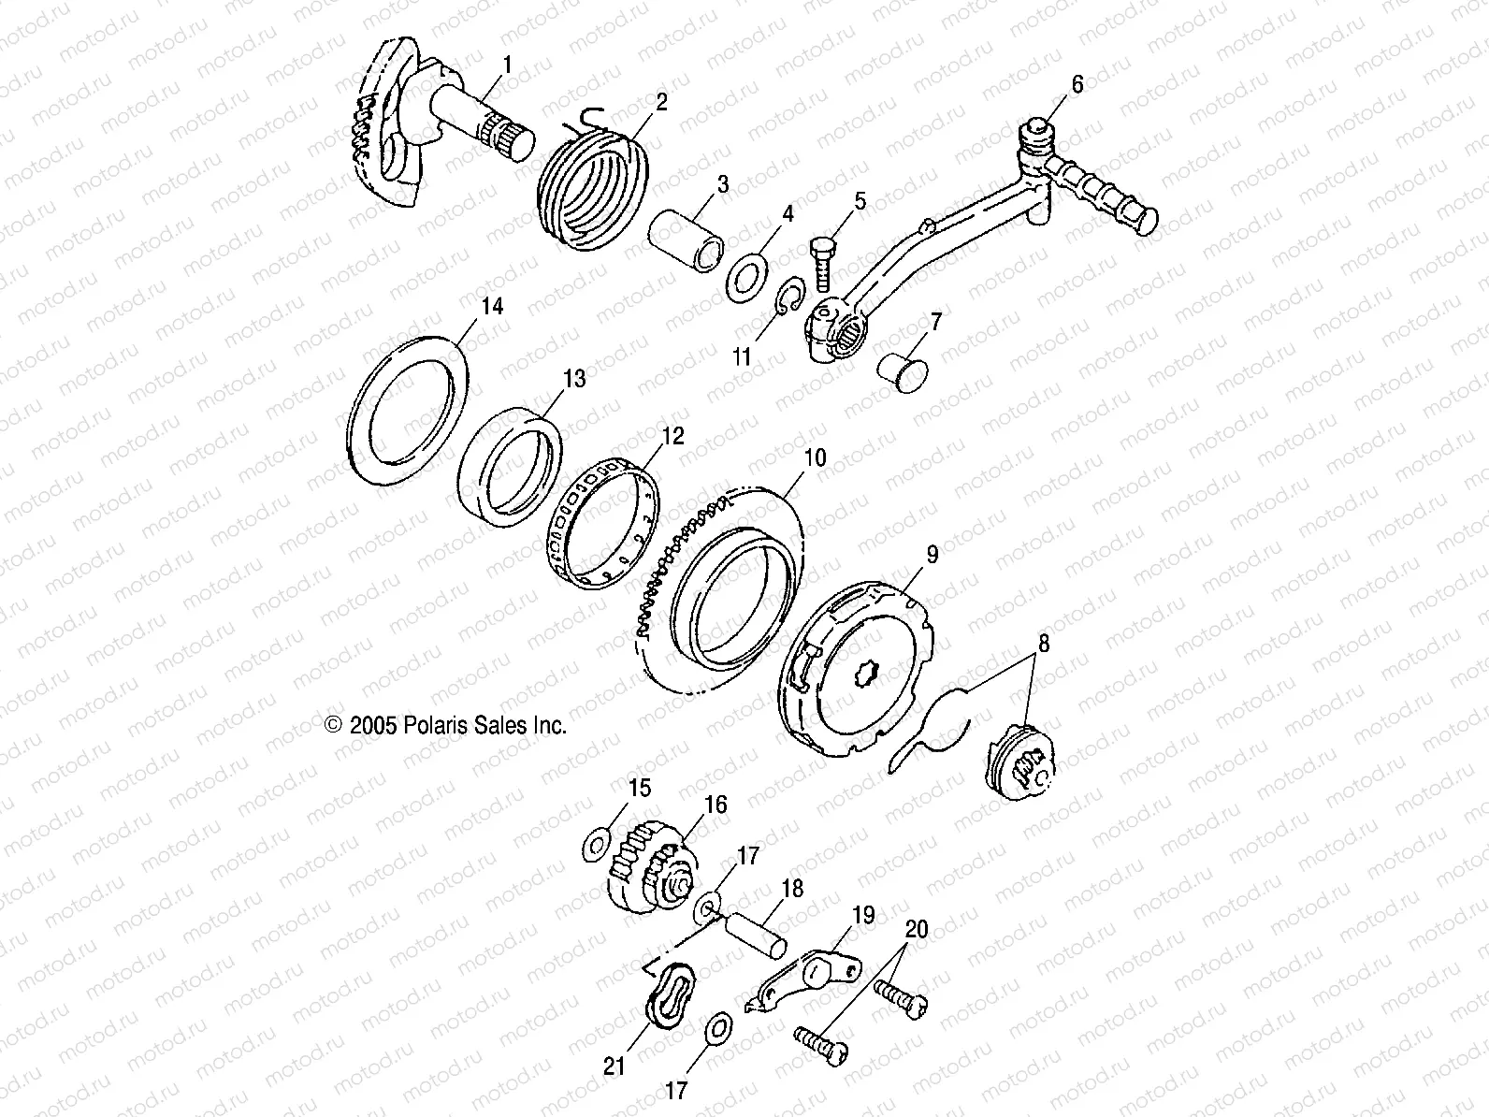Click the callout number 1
coord(508,65)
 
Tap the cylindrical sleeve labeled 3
coord(688,239)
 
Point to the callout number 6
coord(1077,85)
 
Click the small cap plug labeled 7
coord(900,370)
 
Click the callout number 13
coord(573,379)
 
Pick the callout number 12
coord(672,436)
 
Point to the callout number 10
coord(815,458)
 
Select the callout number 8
coord(1042,644)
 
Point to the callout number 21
coord(614,1066)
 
